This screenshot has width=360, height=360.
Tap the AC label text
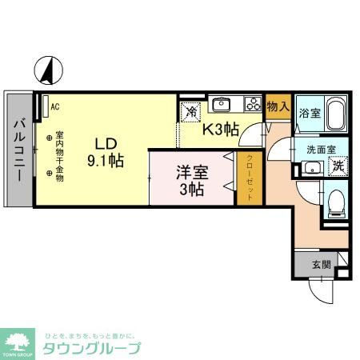(x=54, y=105)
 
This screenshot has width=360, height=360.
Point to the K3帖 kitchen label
(x=221, y=127)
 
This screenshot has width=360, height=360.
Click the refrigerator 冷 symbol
(x=191, y=113)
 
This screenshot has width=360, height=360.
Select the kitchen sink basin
(x=221, y=104)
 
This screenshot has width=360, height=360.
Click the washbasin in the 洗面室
(x=310, y=168)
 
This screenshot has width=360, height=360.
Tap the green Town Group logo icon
(x=18, y=342)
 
